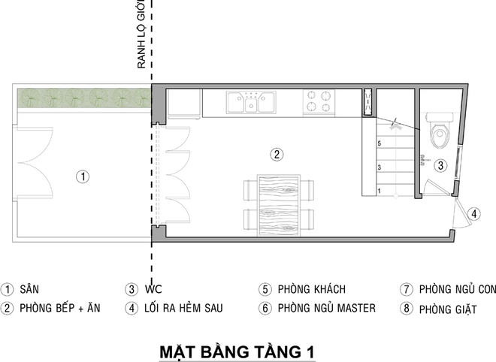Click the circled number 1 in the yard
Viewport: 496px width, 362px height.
83,176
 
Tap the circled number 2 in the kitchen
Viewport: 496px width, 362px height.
277,155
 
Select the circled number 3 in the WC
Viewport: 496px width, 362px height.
440,165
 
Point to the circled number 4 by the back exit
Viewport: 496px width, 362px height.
474,214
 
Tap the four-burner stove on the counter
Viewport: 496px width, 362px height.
319,101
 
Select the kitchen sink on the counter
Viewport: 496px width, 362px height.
251,102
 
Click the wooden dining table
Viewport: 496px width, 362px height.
279,205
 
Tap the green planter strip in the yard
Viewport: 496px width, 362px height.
84,98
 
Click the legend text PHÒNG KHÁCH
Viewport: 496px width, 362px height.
312,289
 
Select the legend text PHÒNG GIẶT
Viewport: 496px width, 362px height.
448,309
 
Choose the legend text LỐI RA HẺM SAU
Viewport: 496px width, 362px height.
183,308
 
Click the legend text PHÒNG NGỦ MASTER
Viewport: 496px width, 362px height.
326,308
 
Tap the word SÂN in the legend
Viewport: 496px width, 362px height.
29,289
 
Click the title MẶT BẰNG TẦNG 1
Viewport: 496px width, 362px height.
237,352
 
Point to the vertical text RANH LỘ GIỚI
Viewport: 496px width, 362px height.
141,34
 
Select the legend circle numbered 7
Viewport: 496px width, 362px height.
407,289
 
